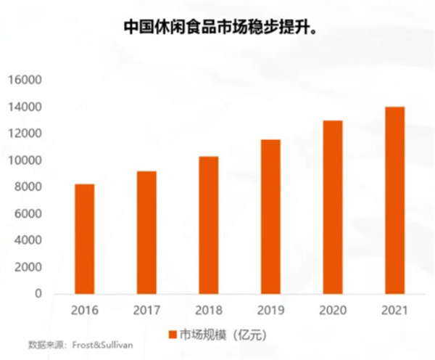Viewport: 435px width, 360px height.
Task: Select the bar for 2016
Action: coord(85,239)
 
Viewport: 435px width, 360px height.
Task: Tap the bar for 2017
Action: coord(147,232)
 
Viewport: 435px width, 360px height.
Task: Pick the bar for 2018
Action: coord(209,225)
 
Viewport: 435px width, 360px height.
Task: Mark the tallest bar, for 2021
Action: coord(394,200)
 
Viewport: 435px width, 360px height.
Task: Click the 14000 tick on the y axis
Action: coord(25,107)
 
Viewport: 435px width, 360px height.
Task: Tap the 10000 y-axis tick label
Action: coord(25,160)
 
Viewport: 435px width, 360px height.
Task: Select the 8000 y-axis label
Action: coord(28,187)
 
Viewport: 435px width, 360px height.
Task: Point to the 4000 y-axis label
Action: coord(28,240)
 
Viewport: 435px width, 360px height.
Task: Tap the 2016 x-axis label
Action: coord(85,311)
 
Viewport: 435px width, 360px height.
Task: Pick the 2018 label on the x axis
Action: coord(209,311)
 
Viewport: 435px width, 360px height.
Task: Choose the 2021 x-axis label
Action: coord(394,311)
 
